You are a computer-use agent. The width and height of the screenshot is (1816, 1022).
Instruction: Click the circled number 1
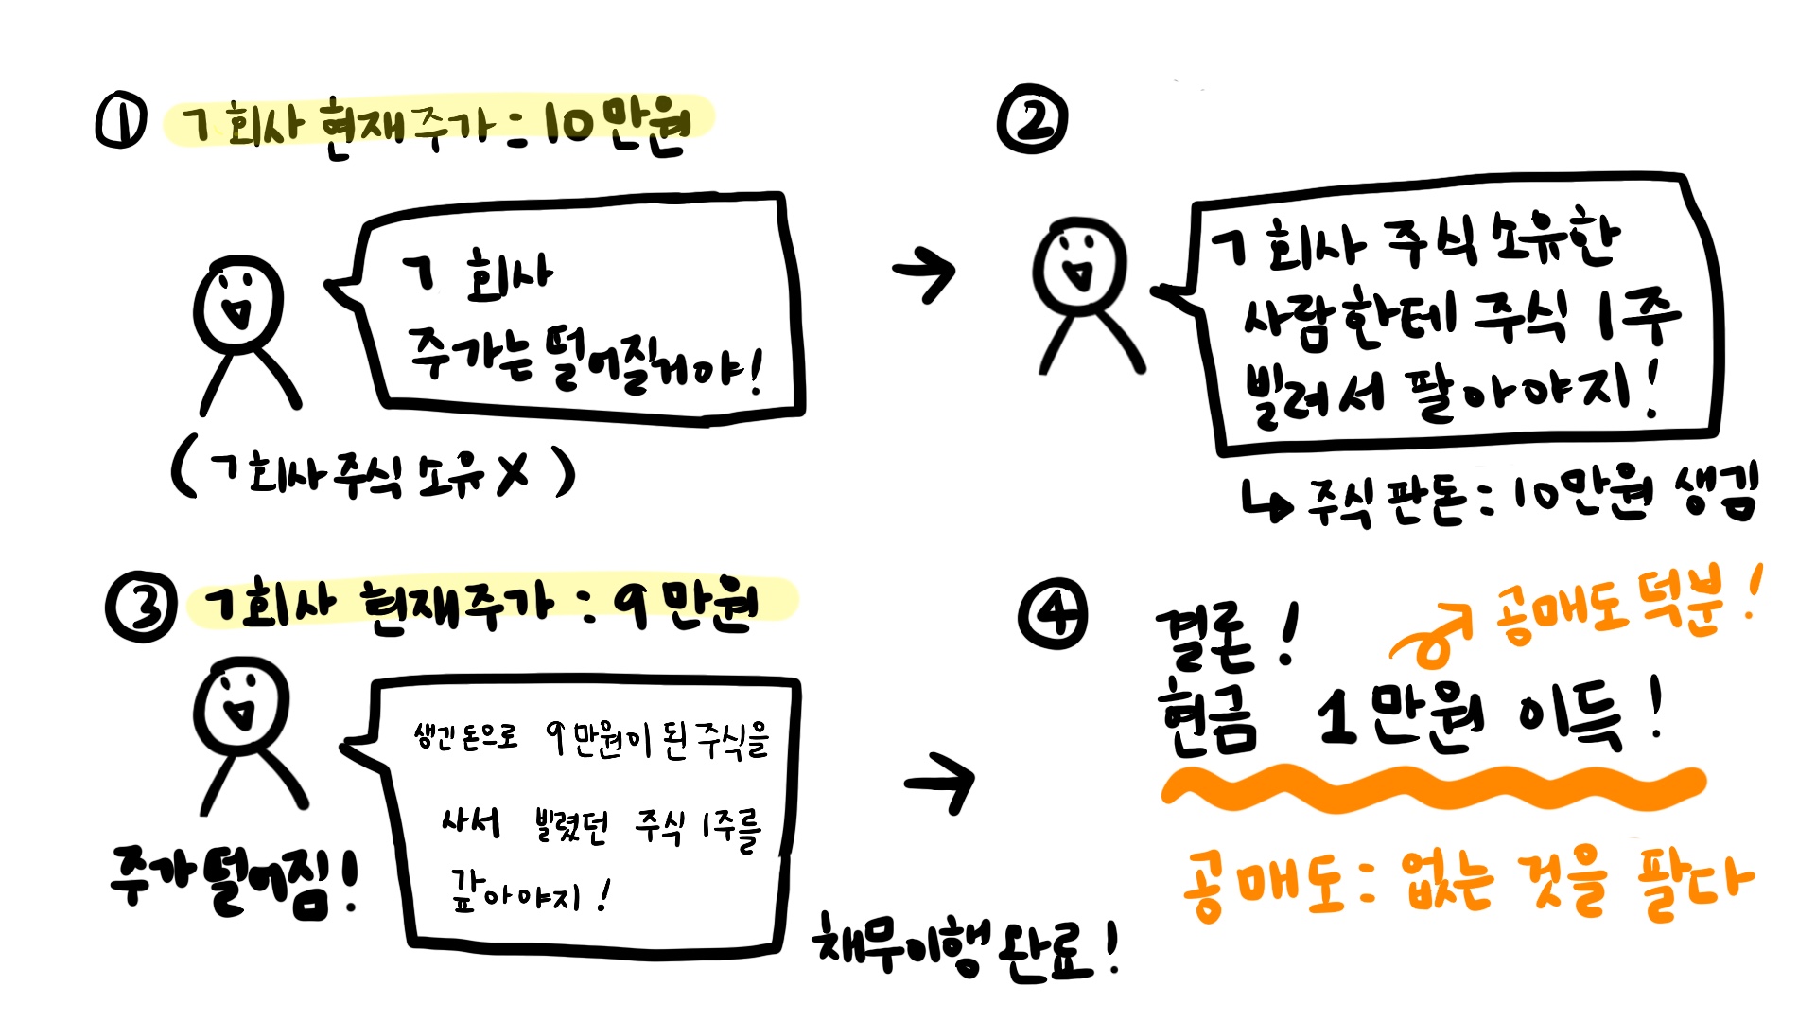point(121,123)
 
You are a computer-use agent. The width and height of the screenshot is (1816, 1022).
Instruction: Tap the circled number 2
point(1032,121)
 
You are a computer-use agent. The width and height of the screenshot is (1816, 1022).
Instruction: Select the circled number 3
point(141,607)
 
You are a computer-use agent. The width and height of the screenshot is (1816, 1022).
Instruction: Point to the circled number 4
point(1053,614)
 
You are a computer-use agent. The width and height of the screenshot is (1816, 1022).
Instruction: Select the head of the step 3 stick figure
point(240,705)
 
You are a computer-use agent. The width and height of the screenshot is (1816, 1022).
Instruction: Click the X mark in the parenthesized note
point(512,472)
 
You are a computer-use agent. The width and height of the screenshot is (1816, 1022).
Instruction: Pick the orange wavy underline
point(1433,789)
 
